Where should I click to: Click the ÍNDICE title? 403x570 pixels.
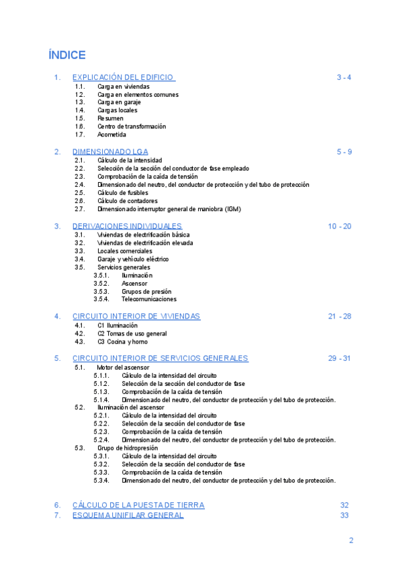[x=67, y=54]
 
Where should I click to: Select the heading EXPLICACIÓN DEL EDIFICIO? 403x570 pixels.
[x=124, y=77]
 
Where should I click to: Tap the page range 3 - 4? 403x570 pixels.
[x=344, y=77]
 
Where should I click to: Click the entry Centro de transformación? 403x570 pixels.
[x=131, y=126]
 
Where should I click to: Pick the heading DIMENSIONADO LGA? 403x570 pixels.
[x=110, y=151]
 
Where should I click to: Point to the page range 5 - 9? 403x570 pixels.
[x=344, y=151]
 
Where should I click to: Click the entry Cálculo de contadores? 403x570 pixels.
[x=128, y=201]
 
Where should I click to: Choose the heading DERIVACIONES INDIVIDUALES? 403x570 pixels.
[x=127, y=226]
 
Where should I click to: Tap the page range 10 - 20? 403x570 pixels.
[x=340, y=226]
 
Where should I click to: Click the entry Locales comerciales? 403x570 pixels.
[x=125, y=251]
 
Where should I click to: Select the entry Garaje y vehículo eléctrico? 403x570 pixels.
[x=133, y=259]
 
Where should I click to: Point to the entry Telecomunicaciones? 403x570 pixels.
[x=149, y=299]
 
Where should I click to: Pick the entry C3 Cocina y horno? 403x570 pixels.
[x=122, y=341]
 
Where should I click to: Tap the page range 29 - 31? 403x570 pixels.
[x=340, y=358]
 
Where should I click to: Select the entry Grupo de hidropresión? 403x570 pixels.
[x=128, y=448]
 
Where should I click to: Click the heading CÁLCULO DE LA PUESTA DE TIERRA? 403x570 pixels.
[x=138, y=505]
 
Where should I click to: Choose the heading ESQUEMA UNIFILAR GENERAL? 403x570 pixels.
[x=128, y=515]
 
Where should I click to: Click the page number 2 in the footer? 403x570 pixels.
[x=351, y=540]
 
